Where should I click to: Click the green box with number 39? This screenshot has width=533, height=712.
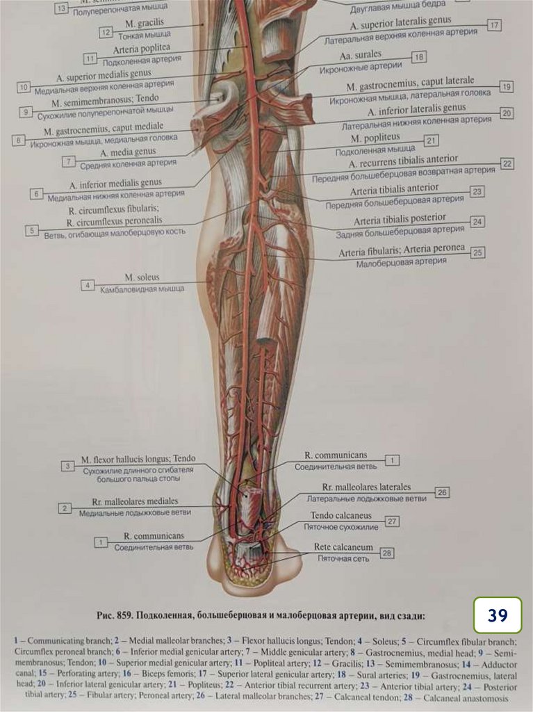click(498, 615)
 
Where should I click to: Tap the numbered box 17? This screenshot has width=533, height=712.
click(494, 25)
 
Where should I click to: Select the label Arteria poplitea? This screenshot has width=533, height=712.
click(141, 49)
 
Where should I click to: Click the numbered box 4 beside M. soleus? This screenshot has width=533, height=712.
click(87, 285)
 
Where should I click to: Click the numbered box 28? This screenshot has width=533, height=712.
click(387, 553)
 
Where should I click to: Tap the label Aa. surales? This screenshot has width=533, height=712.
click(360, 54)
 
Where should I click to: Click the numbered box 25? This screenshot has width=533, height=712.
click(477, 252)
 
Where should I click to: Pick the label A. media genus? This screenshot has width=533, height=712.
click(128, 152)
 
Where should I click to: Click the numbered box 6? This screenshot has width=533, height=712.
click(37, 193)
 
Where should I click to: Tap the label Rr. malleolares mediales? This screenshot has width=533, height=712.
click(135, 501)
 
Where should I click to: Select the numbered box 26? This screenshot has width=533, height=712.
click(442, 492)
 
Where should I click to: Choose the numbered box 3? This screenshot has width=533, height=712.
click(67, 466)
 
